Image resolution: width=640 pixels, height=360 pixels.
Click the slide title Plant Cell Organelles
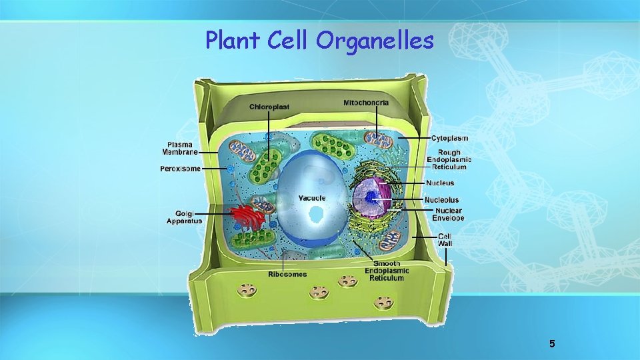click(319, 41)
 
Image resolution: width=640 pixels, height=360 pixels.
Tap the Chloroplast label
click(269, 107)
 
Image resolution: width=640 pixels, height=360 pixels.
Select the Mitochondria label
click(366, 103)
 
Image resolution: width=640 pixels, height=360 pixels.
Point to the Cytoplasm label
click(449, 139)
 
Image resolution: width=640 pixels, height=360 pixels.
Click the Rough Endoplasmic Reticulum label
click(449, 159)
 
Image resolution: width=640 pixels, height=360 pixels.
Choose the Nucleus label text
click(440, 183)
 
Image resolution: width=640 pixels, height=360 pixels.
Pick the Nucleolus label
click(441, 200)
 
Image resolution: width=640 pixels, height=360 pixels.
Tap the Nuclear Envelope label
click(447, 215)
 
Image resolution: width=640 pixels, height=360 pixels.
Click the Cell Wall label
click(445, 240)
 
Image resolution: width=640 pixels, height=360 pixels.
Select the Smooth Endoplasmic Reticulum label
click(387, 271)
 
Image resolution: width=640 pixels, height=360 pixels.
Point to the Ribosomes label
click(287, 274)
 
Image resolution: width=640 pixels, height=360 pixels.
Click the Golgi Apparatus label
click(184, 217)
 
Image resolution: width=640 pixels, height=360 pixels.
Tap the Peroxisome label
click(180, 169)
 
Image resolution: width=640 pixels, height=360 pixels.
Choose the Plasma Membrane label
click(180, 148)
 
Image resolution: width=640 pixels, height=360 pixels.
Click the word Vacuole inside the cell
click(311, 198)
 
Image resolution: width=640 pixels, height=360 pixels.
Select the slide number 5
click(552, 344)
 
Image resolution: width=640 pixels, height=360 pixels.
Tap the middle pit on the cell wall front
click(319, 292)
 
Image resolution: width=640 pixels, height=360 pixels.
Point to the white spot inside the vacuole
click(316, 215)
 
